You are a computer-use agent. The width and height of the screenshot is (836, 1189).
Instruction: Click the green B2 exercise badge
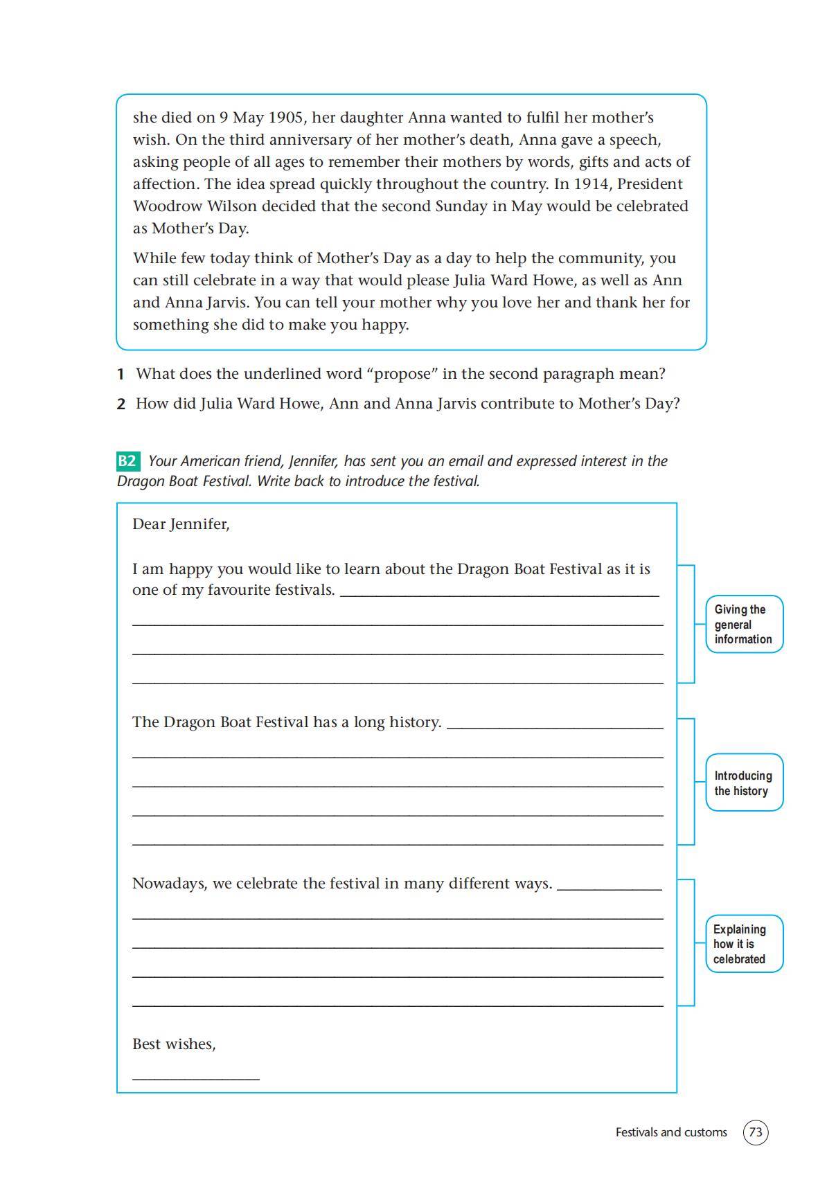coord(127,461)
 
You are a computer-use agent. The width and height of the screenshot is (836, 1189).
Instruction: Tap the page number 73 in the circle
coord(756,1132)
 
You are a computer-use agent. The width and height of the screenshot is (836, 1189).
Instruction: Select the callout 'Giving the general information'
coord(744,624)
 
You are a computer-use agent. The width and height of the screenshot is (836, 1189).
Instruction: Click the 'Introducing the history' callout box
coord(744,783)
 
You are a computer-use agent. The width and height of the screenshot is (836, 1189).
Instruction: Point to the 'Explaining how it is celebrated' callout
coord(744,944)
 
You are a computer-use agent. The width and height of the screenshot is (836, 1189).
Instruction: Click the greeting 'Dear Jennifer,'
coord(181,524)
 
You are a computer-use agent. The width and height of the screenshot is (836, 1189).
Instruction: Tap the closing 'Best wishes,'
coord(174,1044)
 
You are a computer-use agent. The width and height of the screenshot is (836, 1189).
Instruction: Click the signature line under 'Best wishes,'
coord(196,1078)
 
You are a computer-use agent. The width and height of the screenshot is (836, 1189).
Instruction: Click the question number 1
coord(121,375)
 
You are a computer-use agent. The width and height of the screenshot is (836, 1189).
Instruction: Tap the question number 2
coord(121,404)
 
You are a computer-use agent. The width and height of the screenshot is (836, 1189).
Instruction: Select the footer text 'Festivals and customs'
coord(671,1132)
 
